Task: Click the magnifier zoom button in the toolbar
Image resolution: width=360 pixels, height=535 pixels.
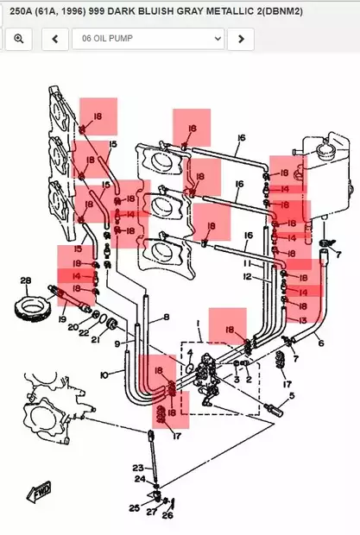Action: pyautogui.click(x=18, y=39)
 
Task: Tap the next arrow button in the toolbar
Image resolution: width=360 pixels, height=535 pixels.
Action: pyautogui.click(x=241, y=39)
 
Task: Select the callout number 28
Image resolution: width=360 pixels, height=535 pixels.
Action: pyautogui.click(x=25, y=280)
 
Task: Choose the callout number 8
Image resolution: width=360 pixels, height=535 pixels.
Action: pyautogui.click(x=167, y=318)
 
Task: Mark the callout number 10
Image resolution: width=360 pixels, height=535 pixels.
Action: pyautogui.click(x=104, y=374)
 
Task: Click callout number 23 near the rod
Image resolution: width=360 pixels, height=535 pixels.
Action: pyautogui.click(x=138, y=467)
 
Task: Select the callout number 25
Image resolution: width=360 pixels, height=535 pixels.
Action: pyautogui.click(x=134, y=507)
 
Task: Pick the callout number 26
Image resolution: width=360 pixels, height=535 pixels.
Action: pyautogui.click(x=167, y=515)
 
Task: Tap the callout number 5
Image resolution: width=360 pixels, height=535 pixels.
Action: pyautogui.click(x=291, y=396)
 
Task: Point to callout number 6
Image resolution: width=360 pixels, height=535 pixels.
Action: pyautogui.click(x=321, y=343)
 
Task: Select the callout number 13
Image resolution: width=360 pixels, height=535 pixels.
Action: pyautogui.click(x=302, y=320)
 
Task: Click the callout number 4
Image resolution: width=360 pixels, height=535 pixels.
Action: pyautogui.click(x=190, y=352)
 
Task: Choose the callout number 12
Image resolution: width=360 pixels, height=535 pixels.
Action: pyautogui.click(x=247, y=277)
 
